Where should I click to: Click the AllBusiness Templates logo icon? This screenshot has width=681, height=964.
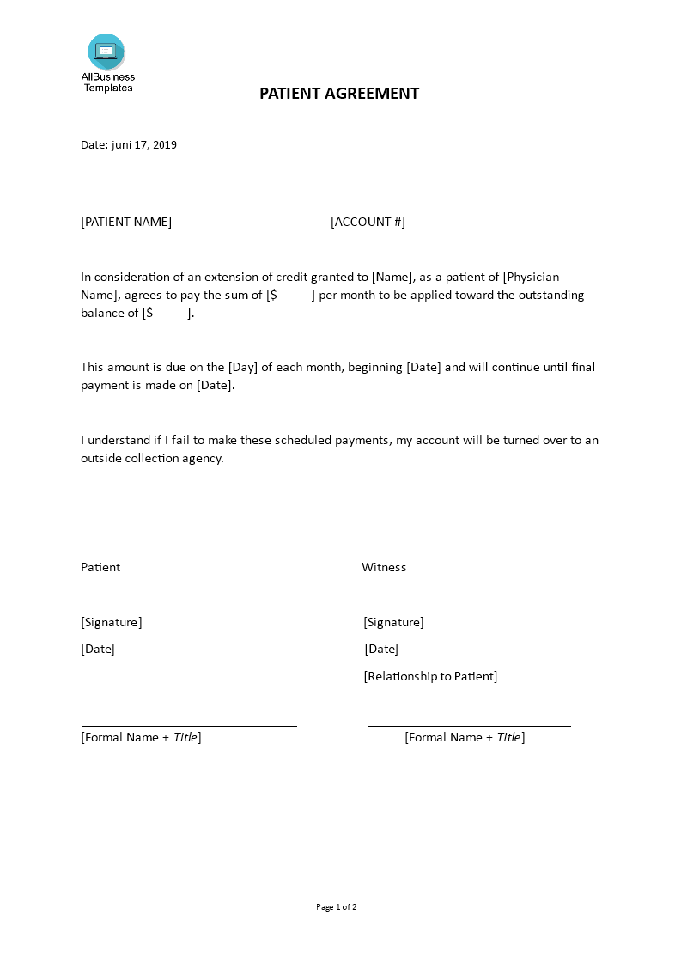click(x=106, y=52)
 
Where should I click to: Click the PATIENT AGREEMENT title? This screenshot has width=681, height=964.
click(x=339, y=94)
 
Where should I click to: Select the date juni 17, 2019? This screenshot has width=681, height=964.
click(x=143, y=145)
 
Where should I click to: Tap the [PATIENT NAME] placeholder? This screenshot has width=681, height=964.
click(x=126, y=222)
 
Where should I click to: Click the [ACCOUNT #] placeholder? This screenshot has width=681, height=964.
click(x=368, y=222)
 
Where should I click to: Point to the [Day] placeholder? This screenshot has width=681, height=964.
click(x=243, y=367)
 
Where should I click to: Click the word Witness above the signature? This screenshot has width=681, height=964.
click(x=384, y=567)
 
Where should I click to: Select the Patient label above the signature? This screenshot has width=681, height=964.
click(x=100, y=567)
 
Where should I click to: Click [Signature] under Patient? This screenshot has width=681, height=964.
click(x=112, y=622)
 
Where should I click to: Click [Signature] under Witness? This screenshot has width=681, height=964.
click(x=393, y=622)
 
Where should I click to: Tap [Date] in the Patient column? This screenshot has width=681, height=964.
click(x=98, y=649)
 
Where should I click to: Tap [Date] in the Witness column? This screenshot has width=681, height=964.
click(x=381, y=649)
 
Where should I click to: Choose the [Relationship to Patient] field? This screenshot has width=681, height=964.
click(x=430, y=676)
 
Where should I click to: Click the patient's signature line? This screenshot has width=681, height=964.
click(x=189, y=726)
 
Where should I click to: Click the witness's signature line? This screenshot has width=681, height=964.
click(x=469, y=726)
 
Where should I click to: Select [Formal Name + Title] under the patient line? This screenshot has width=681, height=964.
click(x=141, y=737)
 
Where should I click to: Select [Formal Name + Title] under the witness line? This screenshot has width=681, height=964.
click(x=465, y=737)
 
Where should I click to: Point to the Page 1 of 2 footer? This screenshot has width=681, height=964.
click(x=337, y=906)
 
